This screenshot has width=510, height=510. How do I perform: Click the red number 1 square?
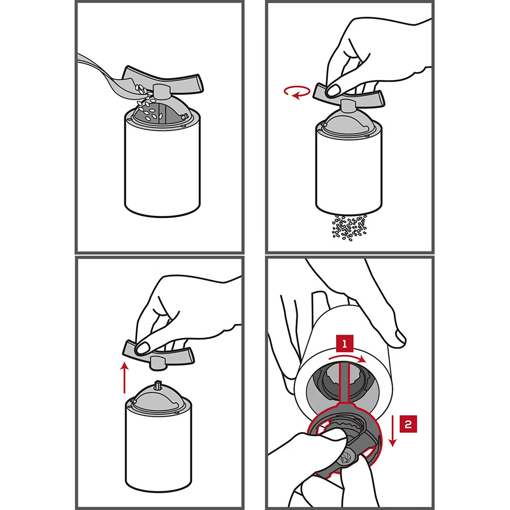tap(344, 343)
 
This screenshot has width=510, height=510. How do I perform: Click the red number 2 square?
tap(408, 424)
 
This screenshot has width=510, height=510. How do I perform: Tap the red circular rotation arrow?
tap(297, 92)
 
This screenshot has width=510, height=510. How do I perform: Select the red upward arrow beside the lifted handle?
tap(124, 378)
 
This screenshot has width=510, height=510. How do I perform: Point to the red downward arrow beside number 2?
tap(393, 430)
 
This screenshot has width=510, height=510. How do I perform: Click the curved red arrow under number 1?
tap(347, 359)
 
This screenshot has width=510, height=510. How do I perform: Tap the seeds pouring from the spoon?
tap(148, 103)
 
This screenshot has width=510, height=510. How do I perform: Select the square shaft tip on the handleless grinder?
tap(159, 384)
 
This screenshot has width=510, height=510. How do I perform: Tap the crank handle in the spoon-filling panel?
tap(162, 81)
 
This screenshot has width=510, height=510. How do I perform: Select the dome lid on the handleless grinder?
tap(159, 397)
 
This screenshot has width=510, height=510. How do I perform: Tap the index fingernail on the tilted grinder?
tap(397, 338)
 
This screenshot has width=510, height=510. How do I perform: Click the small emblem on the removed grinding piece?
tap(344, 458)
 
